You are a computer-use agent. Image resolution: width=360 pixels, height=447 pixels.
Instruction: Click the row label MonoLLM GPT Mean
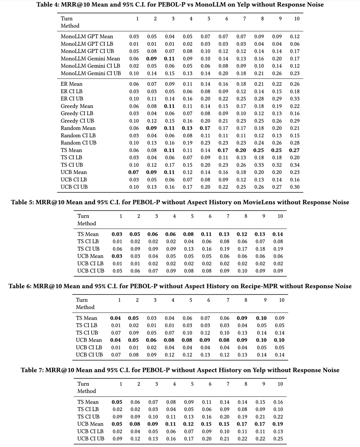(x=87, y=36)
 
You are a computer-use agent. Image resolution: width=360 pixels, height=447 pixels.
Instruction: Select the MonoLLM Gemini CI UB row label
(x=91, y=73)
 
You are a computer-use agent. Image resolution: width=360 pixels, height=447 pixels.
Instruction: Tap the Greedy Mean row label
(x=77, y=106)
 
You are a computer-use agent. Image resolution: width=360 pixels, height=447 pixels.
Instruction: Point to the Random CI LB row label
(x=78, y=135)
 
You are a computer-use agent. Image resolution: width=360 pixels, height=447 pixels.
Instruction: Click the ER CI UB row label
(x=72, y=99)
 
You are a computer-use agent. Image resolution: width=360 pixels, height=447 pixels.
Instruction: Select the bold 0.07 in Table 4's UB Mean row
(x=134, y=172)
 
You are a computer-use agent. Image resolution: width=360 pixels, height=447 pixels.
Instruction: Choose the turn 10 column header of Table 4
(x=297, y=19)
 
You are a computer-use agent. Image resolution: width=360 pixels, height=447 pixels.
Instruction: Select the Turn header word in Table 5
(x=83, y=216)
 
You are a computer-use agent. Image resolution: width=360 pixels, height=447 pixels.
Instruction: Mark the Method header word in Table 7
(x=87, y=391)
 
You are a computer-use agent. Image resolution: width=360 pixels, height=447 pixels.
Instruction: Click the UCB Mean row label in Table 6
(x=89, y=340)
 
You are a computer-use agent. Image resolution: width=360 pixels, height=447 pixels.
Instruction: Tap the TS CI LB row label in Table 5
(x=88, y=241)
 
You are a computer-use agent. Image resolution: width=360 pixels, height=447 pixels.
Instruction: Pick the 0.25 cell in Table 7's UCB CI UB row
(x=278, y=439)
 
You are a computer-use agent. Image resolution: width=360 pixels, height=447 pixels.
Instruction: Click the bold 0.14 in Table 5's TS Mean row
(x=278, y=234)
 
